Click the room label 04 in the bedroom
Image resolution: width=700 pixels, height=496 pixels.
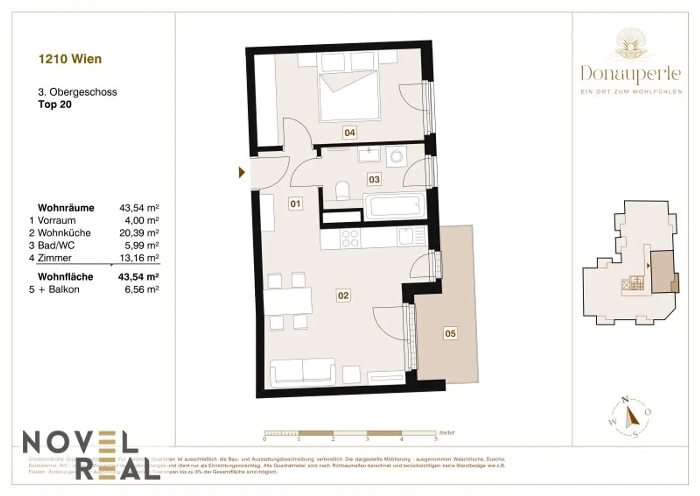350,133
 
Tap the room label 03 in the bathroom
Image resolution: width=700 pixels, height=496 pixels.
374,179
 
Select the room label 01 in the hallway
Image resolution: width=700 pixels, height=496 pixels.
295,204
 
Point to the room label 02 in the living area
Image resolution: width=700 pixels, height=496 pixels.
343,296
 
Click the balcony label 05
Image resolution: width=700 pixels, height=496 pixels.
450,334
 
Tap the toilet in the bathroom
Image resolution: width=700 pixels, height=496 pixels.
342,190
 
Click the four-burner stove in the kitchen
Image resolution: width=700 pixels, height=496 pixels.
350,238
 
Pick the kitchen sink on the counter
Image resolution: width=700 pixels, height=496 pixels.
406,237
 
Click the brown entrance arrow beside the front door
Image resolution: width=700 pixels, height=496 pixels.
242,172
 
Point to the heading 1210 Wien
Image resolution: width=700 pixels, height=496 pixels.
70,59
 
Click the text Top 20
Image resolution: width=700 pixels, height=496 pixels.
55,104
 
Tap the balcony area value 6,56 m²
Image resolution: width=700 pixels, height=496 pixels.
142,290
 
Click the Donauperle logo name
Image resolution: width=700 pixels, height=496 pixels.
631,74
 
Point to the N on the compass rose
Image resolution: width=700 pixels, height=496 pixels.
626,399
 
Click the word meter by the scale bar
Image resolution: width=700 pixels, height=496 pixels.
447,433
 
